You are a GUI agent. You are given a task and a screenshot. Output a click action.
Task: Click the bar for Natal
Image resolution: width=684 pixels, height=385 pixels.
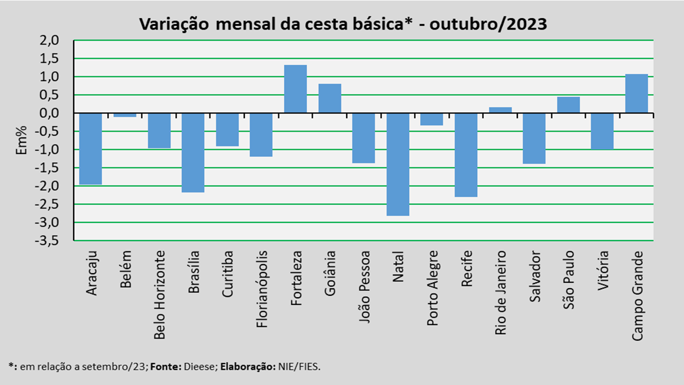[x=398, y=164]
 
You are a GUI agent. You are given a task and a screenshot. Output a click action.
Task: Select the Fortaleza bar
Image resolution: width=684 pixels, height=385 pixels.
[x=296, y=89]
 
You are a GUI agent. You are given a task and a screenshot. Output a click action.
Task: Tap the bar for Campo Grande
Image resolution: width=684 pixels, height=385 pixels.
[x=636, y=94]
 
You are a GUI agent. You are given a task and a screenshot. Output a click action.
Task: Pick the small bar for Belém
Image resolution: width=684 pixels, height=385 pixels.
[x=125, y=115]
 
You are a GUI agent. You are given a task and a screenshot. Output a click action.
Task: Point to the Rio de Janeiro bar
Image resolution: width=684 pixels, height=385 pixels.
[x=500, y=110]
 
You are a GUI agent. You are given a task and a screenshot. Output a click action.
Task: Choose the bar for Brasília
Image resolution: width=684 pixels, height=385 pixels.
[x=193, y=152]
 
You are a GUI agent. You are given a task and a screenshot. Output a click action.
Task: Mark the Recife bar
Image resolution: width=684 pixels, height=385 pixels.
[x=466, y=155]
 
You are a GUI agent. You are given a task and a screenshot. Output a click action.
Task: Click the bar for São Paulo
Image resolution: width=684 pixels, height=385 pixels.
[x=568, y=105]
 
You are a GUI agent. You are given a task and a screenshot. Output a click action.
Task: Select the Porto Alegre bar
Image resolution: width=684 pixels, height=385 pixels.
[x=432, y=119]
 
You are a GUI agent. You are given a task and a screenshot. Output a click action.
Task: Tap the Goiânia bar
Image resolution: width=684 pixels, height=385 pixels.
[x=330, y=98]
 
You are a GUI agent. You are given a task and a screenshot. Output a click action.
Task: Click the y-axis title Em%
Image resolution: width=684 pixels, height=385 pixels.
[x=22, y=141]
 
